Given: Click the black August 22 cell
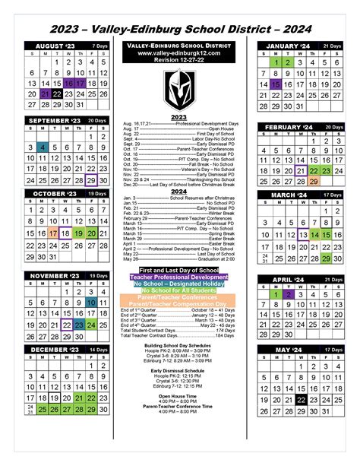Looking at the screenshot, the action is (56, 94).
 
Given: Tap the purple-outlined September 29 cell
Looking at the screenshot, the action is (92, 179).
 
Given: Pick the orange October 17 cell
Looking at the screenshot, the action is (53, 233).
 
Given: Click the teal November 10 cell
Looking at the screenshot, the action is (92, 303).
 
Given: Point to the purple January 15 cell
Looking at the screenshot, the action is (276, 84).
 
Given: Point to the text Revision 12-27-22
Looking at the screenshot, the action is (179, 61).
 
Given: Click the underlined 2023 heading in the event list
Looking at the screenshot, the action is (179, 118).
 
